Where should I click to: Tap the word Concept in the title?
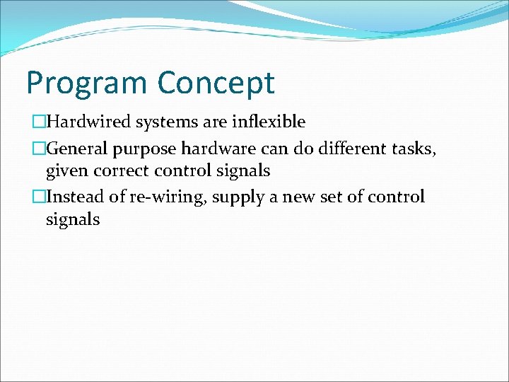(x=216, y=83)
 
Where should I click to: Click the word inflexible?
(x=268, y=122)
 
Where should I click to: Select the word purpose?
(x=146, y=149)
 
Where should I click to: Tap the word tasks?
(x=421, y=149)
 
